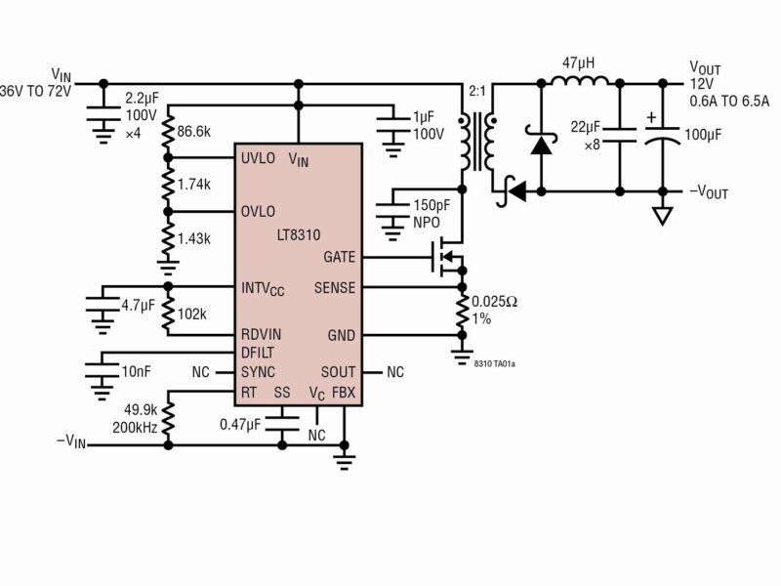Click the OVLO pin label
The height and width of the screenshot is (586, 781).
(259, 211)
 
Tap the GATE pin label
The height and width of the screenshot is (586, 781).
(339, 257)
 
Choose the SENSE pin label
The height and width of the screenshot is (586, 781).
(335, 288)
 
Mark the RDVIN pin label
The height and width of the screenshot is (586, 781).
(262, 335)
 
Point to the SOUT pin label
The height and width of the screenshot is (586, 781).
(338, 372)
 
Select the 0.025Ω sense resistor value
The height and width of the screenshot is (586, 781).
(497, 302)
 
